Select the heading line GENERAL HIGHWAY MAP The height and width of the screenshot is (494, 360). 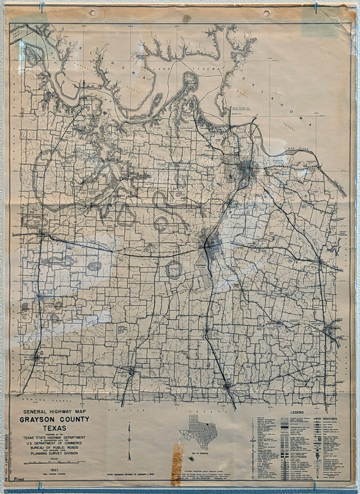tap(56, 411)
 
